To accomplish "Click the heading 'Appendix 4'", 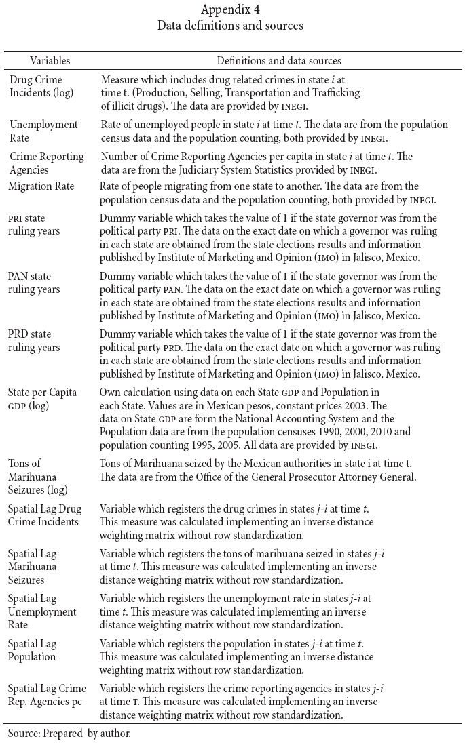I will tap(232, 9).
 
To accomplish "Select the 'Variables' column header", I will tap(50, 60).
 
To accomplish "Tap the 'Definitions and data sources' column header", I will tap(278, 60).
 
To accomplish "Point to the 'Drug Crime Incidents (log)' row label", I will tap(41, 85).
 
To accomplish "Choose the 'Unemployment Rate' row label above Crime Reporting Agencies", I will tap(43, 130).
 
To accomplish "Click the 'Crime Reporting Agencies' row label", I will tap(47, 162).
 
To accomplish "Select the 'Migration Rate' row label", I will tap(42, 186).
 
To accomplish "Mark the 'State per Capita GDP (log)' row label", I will tap(42, 399).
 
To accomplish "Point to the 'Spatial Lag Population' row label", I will tap(33, 650).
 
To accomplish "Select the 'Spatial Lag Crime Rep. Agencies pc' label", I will tap(47, 694).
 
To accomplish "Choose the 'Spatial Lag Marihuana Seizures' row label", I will tap(33, 566).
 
